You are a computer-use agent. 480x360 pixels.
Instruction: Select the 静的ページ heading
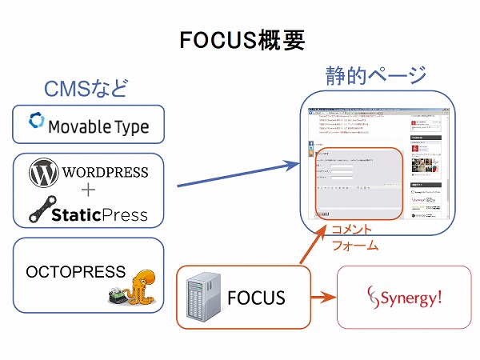click(x=374, y=76)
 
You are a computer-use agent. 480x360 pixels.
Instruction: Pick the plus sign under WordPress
click(x=88, y=190)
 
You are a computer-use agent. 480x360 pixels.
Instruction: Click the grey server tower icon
click(x=202, y=298)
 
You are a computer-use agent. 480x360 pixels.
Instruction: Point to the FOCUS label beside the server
click(x=257, y=298)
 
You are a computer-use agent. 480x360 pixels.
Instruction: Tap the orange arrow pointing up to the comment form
click(x=310, y=244)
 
